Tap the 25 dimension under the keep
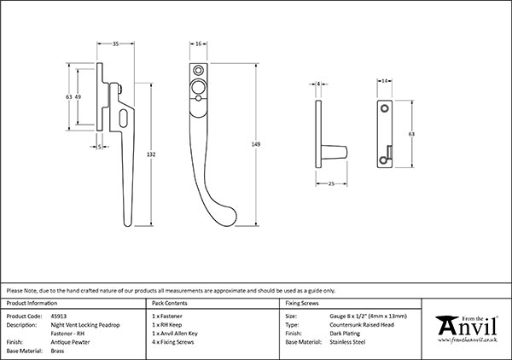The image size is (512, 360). (x=330, y=183)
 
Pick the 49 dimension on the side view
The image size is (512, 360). (x=79, y=98)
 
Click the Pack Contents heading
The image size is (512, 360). (x=168, y=303)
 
